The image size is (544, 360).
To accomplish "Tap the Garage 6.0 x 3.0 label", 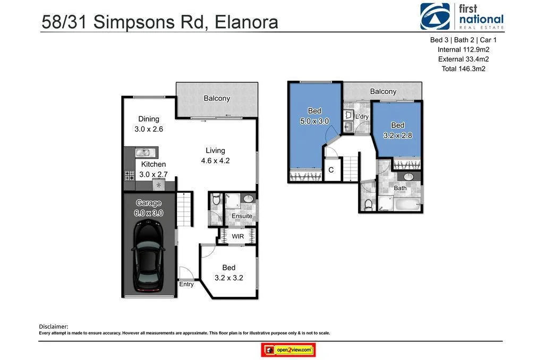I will pos(149,208).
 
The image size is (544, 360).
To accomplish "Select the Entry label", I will pos(186,284).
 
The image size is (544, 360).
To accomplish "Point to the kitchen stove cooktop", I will pos(129,175).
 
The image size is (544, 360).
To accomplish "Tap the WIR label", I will pos(237,236).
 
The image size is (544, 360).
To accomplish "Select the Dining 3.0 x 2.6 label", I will pos(149,124).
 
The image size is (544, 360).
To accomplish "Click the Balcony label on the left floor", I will pos(217,98).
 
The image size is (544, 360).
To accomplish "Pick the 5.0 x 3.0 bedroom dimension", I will pos(314,121).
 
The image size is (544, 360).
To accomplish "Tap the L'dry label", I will pos(362,116).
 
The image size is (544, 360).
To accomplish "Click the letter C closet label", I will pos(331,170).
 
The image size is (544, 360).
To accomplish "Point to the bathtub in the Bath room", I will pos(401,204).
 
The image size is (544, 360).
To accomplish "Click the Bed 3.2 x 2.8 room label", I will pos(397,130).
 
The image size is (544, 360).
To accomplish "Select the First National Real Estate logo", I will pos(461,16).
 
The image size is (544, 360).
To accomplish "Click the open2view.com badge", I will pos(288,350).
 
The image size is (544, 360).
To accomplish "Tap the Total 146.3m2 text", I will pos(463,68).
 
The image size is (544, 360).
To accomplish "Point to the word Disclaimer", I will pos(54,326).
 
